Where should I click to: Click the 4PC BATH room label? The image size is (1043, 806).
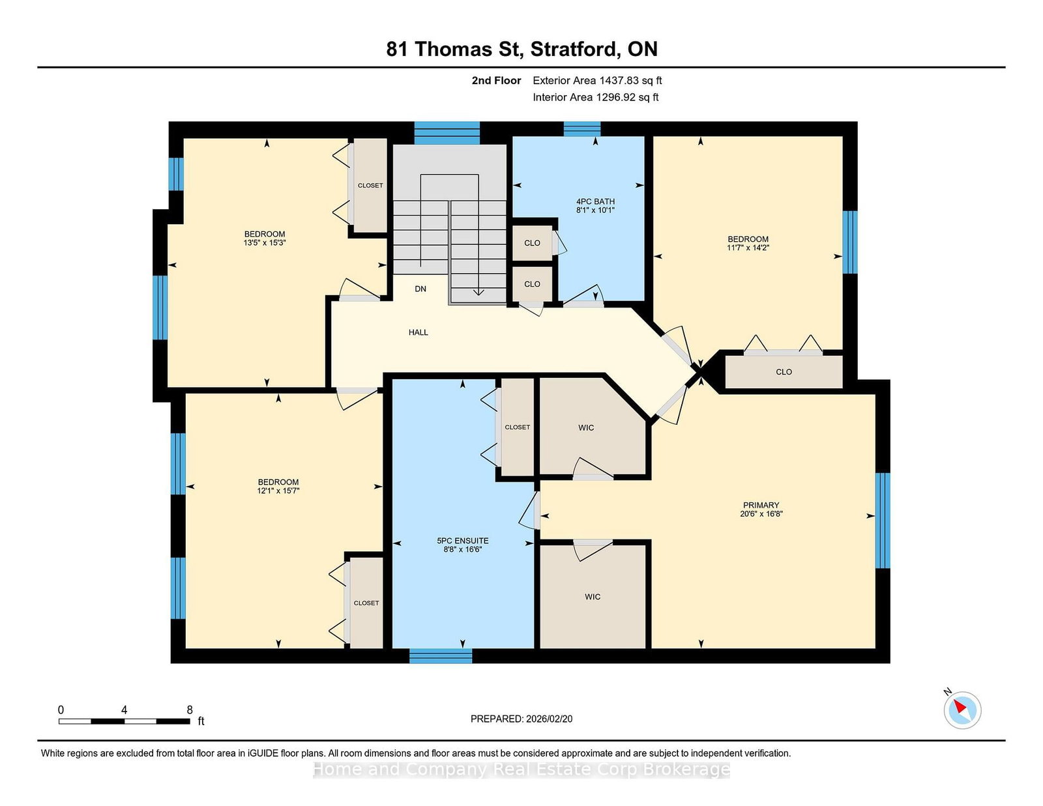click(595, 201)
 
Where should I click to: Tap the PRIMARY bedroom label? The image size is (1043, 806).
click(761, 505)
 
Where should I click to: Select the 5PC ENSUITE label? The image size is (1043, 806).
click(462, 541)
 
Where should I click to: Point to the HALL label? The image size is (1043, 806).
click(418, 332)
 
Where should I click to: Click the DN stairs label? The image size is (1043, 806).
click(420, 289)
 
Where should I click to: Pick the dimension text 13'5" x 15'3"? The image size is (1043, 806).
click(265, 243)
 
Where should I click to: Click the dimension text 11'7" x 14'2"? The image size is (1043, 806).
click(748, 248)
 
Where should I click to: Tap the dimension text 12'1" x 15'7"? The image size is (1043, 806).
click(278, 491)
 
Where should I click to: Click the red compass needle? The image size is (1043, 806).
click(960, 706)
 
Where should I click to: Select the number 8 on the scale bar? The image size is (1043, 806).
click(190, 710)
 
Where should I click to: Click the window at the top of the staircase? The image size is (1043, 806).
click(447, 133)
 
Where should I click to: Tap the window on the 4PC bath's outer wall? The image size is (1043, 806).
click(581, 129)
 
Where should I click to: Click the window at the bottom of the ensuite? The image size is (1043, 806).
click(441, 656)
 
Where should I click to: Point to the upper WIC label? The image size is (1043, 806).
click(586, 427)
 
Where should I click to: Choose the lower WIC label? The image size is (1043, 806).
click(593, 597)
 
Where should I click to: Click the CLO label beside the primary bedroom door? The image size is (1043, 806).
click(784, 372)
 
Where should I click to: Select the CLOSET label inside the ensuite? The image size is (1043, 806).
click(518, 427)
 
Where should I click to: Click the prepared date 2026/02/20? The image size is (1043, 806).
click(549, 719)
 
